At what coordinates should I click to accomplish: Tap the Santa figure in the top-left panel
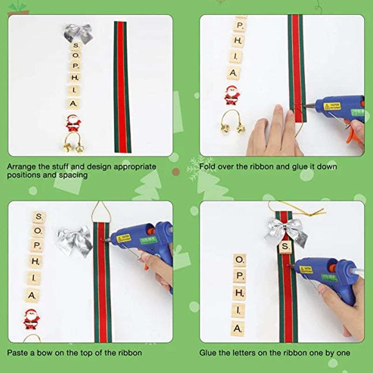[x=73, y=123]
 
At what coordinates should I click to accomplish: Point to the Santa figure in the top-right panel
[x=232, y=95]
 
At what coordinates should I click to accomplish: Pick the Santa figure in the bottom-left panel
[x=32, y=318]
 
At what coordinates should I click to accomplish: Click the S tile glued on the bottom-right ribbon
[x=285, y=246]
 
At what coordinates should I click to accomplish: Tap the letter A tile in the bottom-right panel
[x=238, y=328]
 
